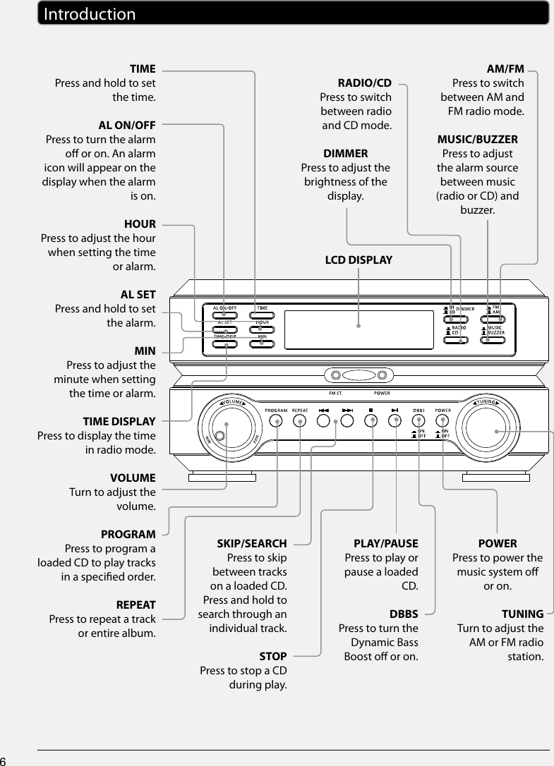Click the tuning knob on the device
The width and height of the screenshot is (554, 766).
click(x=495, y=432)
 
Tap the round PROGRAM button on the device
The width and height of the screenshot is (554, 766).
click(x=277, y=422)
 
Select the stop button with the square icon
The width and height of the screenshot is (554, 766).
click(x=371, y=421)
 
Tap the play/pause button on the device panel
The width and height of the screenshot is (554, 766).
click(x=396, y=421)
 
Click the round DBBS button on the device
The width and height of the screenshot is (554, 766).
click(x=419, y=421)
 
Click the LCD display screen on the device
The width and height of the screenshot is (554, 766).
click(x=359, y=326)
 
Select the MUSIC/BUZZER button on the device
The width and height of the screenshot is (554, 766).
click(x=493, y=340)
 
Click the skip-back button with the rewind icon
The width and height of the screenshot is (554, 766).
click(x=324, y=421)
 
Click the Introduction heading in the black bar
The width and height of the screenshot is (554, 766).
click(x=89, y=14)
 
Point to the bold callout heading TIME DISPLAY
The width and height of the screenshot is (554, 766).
click(x=119, y=422)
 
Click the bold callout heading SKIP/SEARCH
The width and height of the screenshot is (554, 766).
click(x=251, y=544)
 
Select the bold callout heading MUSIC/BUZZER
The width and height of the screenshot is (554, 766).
click(x=477, y=140)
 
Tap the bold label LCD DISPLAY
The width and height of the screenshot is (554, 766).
click(x=358, y=260)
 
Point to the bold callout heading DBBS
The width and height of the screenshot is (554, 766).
click(x=404, y=614)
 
